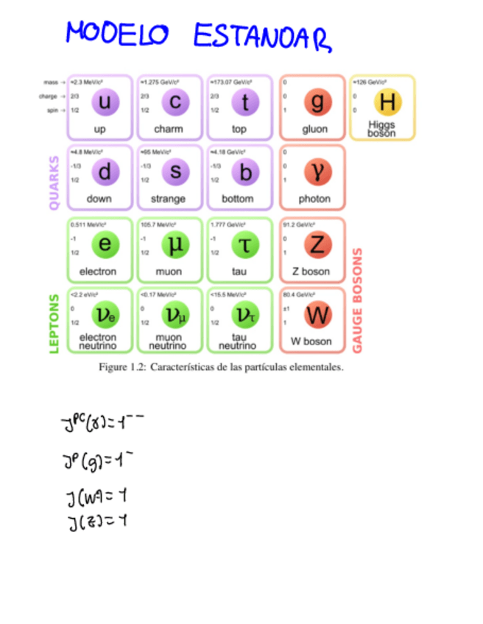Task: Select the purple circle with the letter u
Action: pos(105,103)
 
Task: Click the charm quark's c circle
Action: pos(174,103)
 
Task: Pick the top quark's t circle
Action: pos(244,103)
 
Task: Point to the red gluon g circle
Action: pos(317,103)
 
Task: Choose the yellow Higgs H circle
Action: pos(387,102)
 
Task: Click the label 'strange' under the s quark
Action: pos(169,199)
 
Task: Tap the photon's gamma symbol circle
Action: pos(317,172)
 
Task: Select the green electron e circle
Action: pos(105,245)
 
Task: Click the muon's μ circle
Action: pos(174,245)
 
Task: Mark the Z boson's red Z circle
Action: pos(317,245)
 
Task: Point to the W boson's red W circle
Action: pos(317,315)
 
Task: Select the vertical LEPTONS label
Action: pos(54,324)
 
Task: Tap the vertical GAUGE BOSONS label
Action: pos(359,299)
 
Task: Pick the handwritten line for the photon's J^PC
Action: pos(103,422)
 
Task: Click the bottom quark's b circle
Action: pos(244,172)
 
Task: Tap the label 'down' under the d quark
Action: pos(99,199)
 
